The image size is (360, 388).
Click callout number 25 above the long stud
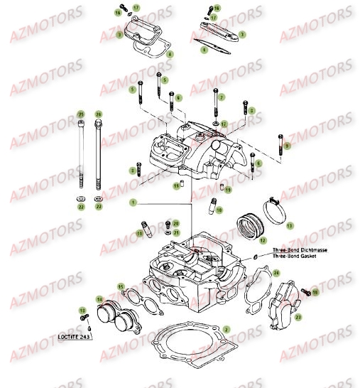[81, 114]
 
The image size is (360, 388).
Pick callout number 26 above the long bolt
[98, 114]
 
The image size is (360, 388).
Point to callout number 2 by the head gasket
[226, 329]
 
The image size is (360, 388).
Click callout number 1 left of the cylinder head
[132, 203]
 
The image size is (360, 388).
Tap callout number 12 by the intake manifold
[263, 240]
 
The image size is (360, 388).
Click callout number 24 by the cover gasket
[277, 273]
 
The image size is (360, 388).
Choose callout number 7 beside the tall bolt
[221, 97]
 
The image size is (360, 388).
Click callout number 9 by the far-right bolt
[286, 146]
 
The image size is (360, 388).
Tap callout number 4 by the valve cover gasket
[169, 54]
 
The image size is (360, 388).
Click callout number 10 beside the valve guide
[219, 210]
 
